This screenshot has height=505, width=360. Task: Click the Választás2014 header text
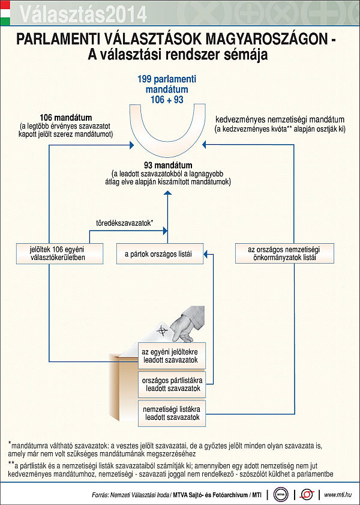click(x=83, y=14)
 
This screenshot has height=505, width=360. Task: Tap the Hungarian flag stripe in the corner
click(x=5, y=13)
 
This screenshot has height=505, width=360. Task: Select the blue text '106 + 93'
click(x=167, y=100)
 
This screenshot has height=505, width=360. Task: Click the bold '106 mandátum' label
click(x=65, y=117)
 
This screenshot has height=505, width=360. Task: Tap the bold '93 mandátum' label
click(x=167, y=166)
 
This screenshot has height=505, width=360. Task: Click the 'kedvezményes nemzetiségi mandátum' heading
click(x=280, y=120)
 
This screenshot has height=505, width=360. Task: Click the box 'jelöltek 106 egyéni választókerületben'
click(x=60, y=253)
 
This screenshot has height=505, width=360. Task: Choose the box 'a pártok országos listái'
click(x=160, y=254)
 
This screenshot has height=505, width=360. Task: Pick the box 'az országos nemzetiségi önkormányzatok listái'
click(x=284, y=253)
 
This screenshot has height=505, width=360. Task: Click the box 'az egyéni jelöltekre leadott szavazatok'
click(x=172, y=356)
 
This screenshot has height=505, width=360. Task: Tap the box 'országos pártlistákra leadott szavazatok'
click(x=172, y=384)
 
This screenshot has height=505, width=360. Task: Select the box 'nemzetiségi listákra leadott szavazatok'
click(x=172, y=414)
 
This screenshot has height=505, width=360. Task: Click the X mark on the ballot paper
click(x=162, y=330)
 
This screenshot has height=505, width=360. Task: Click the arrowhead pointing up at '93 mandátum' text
click(x=167, y=193)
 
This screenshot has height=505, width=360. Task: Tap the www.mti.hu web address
click(x=337, y=494)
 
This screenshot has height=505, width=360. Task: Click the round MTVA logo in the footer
click(x=281, y=494)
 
